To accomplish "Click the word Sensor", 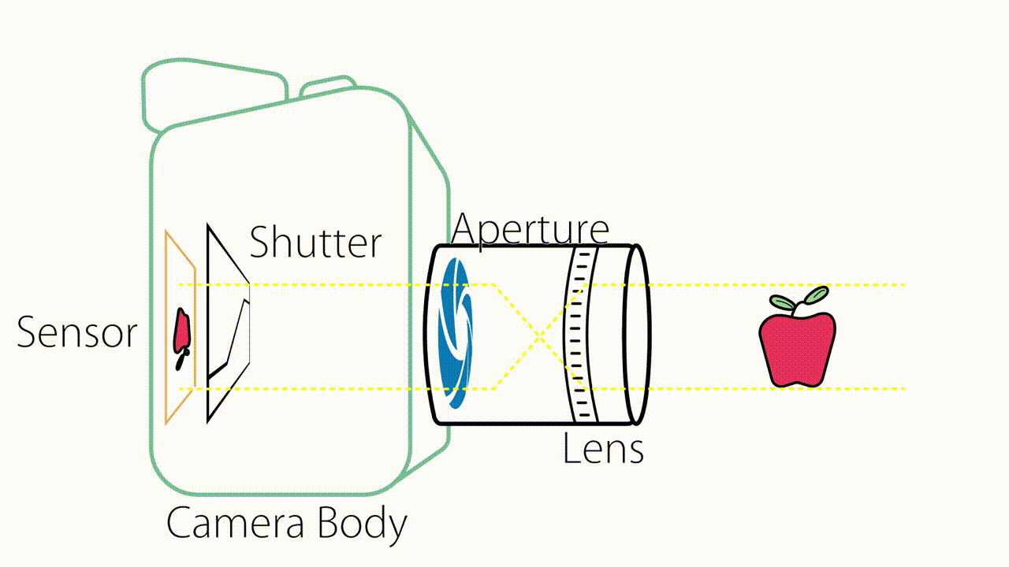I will pos(76,332).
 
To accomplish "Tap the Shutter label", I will pos(315,243).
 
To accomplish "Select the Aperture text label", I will pos(530,229).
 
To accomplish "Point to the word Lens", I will pos(603,448).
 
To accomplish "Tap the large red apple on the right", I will pos(796,349).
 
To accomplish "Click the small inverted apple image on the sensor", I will pos(182,335).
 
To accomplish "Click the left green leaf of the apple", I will pos(783,302).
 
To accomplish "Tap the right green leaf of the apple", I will pos(816,295).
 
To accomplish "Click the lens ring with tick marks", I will pos(580,334).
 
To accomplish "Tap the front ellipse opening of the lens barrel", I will pos(637,334).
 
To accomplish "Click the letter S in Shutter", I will pos(260,243).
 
